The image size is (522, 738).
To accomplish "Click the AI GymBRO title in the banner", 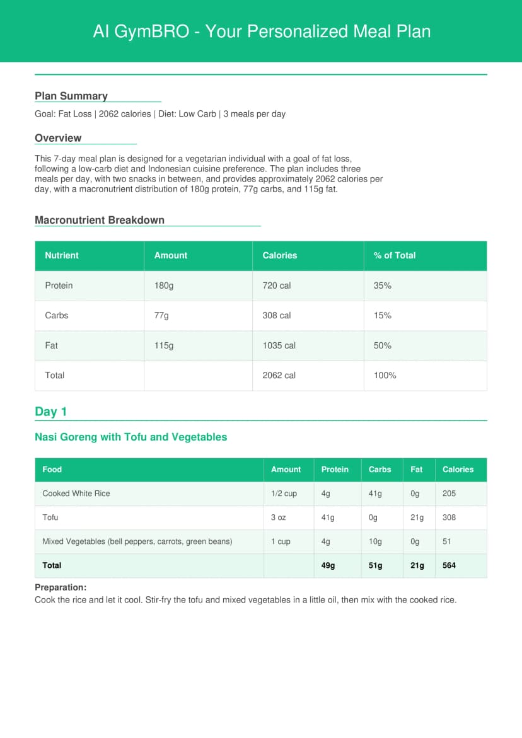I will [261, 31].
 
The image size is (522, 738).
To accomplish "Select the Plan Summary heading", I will [71, 96].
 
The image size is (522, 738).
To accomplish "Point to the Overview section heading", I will [58, 138].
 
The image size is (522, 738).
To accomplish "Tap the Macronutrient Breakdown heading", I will [100, 220].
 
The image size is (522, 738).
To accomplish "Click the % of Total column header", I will [395, 255].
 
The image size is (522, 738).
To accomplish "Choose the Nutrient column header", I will [62, 255].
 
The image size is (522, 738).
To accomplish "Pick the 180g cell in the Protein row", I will [164, 285].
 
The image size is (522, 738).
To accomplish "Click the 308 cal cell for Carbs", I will [277, 315].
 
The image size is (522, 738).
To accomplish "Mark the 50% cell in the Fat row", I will [383, 345].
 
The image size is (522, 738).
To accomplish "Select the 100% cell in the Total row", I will [385, 375].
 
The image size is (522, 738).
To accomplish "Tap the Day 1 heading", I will [50, 412].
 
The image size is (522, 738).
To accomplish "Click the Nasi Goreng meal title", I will [130, 437].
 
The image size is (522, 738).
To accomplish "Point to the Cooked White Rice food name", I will [76, 493].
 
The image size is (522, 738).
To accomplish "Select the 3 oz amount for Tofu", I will [278, 517].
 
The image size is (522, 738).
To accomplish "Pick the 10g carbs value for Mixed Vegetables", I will [375, 541].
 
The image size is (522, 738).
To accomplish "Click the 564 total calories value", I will [449, 565].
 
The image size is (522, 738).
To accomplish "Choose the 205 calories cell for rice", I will [449, 493].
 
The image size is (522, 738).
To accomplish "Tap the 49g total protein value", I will [328, 565].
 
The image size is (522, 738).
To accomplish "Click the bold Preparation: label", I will [61, 587].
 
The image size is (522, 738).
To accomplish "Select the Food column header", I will [52, 470].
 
